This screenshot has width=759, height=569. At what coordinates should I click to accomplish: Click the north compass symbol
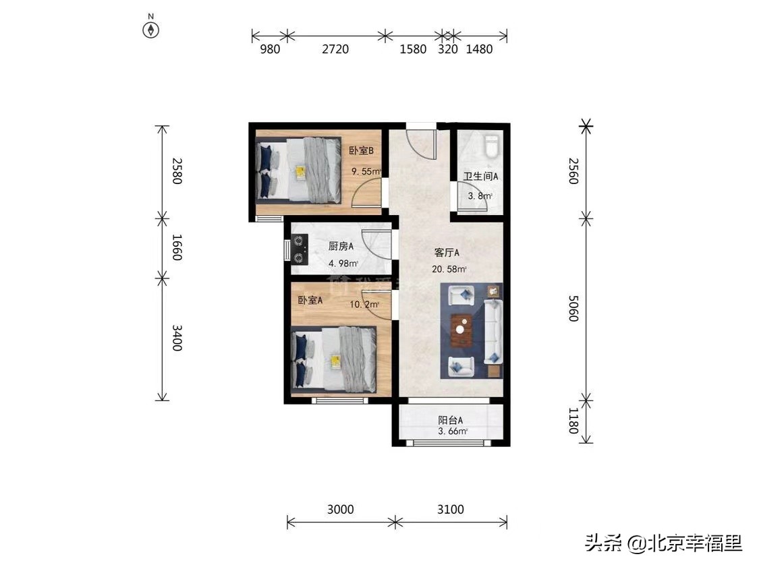coord(150,30)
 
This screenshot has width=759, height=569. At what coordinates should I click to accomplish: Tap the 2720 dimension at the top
coord(335,49)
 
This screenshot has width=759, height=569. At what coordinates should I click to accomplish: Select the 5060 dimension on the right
coord(573,307)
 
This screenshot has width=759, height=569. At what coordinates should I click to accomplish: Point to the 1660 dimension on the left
coord(177,247)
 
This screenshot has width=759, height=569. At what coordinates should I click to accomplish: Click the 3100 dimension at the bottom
coord(451,509)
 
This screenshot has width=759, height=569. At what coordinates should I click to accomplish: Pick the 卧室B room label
coord(361,151)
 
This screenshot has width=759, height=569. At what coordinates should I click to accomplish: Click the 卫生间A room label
coord(480,177)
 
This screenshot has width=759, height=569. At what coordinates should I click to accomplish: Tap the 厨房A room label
coord(341,247)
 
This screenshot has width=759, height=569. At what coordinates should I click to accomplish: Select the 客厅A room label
coord(447,253)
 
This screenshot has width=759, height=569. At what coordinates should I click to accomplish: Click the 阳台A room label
coord(451,420)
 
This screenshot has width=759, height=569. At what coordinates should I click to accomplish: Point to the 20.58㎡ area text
coord(449,269)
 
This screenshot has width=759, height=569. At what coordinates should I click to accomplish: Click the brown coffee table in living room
coord(461,330)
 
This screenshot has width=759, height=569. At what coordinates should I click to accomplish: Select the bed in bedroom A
coord(334,359)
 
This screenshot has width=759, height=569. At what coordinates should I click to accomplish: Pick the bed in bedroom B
coord(298,171)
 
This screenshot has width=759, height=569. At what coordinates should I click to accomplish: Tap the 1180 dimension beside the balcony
coord(573,422)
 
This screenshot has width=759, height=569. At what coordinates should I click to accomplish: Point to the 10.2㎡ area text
coord(364,305)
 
